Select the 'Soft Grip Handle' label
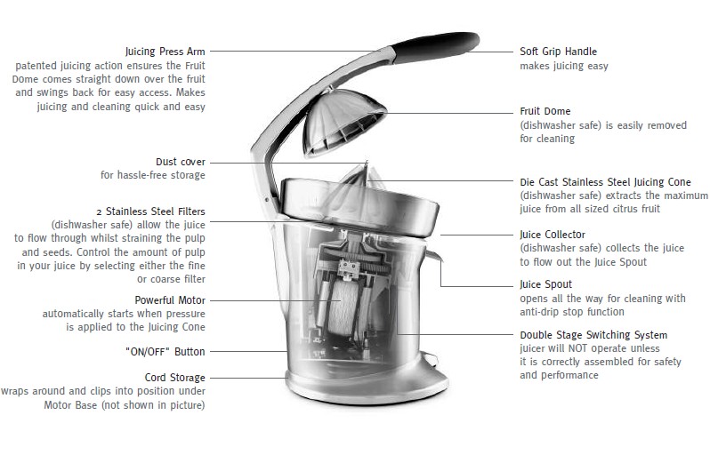point(558,52)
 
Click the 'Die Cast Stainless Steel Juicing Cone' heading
point(605,181)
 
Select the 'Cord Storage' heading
point(174,378)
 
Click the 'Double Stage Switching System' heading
point(593,335)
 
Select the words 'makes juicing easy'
point(564,66)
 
